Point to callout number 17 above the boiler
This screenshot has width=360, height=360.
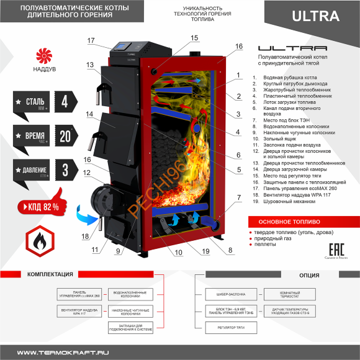coord(91,41)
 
